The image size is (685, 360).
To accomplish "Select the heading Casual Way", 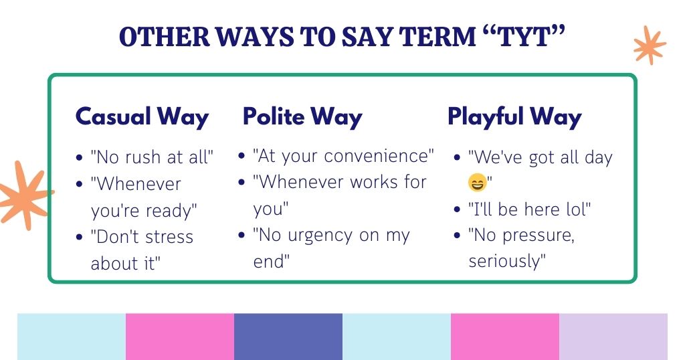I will (x=142, y=116).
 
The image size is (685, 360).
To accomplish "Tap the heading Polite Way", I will (x=302, y=116).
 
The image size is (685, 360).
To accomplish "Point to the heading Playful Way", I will (x=514, y=116).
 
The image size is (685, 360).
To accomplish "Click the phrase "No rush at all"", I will (x=153, y=157).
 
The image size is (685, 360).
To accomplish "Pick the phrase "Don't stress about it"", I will (x=142, y=250).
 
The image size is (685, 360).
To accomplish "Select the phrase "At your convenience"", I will (x=343, y=156).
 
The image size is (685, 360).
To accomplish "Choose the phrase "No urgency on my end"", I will (x=331, y=248).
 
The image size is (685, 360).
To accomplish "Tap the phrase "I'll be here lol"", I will (x=529, y=209).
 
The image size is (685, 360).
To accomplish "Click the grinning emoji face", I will (x=478, y=182).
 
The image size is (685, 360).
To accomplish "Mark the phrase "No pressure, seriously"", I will (x=521, y=248).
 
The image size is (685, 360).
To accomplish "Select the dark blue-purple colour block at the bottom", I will (x=288, y=337).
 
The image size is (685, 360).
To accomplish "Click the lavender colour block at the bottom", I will (x=613, y=337).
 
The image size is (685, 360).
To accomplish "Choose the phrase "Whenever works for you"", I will (x=339, y=195).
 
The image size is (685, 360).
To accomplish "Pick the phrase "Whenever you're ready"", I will (x=144, y=197).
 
